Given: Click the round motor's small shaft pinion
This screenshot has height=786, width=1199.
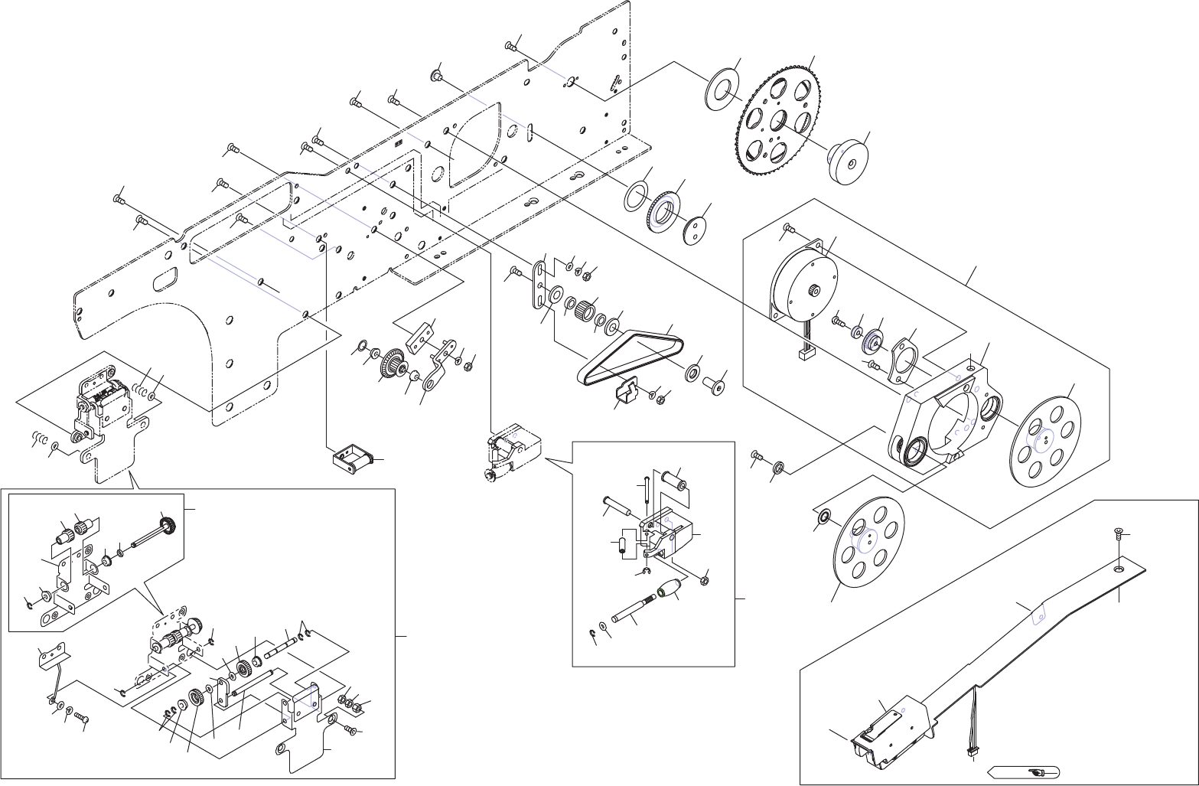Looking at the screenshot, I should click(814, 292).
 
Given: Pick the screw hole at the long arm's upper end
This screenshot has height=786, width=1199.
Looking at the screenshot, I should click(1118, 569).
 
